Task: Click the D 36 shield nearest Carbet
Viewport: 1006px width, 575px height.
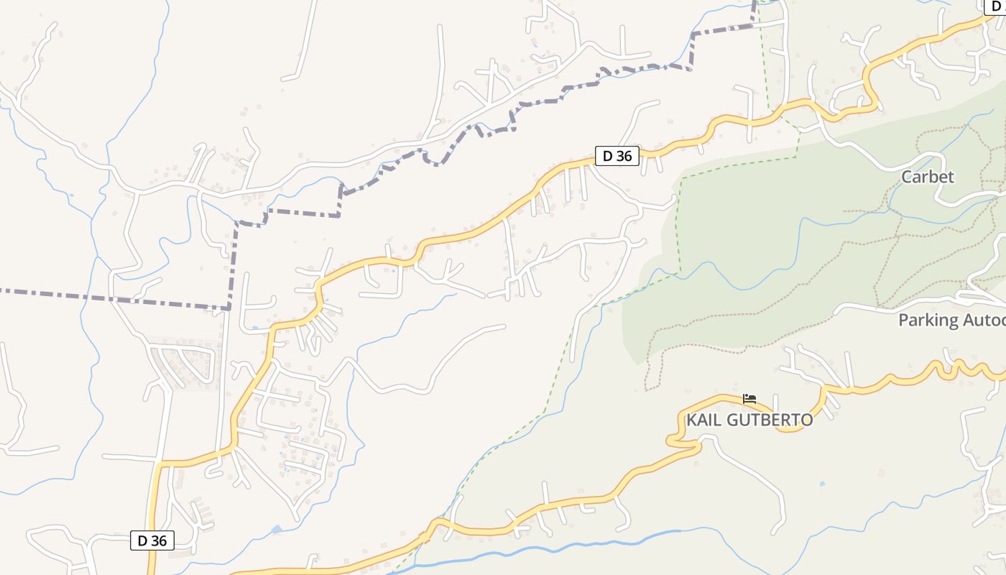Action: [617, 155]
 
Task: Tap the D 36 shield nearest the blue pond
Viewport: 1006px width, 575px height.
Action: [152, 540]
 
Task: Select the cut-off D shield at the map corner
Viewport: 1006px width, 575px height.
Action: [996, 6]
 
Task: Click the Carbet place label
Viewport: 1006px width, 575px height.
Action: [928, 177]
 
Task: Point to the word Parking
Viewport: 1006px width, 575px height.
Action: [928, 320]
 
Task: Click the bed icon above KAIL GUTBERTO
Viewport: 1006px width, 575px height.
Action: [749, 398]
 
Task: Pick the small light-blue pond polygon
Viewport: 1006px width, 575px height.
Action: [277, 530]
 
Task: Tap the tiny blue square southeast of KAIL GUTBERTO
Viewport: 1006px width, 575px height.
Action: [821, 484]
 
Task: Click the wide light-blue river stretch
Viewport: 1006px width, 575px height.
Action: [575, 544]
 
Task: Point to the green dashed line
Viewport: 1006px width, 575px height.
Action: [679, 223]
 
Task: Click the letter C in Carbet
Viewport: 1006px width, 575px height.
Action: [908, 177]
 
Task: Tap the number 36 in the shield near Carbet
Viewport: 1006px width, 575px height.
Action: [625, 155]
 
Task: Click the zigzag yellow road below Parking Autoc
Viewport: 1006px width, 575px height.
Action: [949, 368]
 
